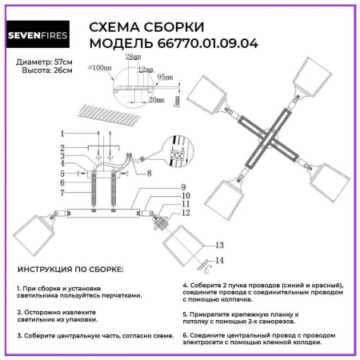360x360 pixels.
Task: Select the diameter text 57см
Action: click(x=63, y=62)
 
